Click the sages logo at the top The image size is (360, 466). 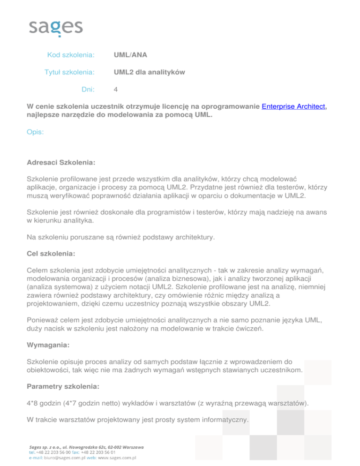56,27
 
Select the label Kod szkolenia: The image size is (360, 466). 71,55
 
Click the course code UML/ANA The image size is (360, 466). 130,55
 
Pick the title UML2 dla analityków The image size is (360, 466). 150,72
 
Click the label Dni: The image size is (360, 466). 88,89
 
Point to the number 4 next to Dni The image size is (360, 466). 116,89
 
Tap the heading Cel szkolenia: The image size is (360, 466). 51,253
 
